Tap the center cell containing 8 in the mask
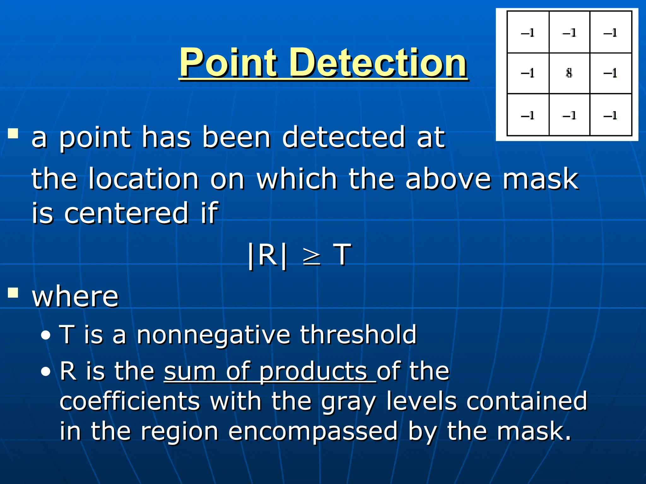point(569,73)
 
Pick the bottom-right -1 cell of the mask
point(610,115)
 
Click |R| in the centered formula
point(267,255)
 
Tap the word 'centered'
point(126,213)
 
